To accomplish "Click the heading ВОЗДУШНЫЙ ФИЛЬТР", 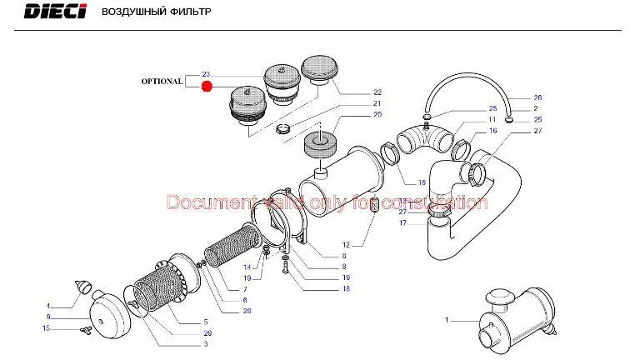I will (x=156, y=13).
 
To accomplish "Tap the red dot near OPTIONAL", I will (x=207, y=85).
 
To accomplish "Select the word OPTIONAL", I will (x=162, y=82).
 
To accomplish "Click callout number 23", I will (x=206, y=74).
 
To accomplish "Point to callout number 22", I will (x=377, y=92).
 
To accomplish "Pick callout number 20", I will (x=377, y=114).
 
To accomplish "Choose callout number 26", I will (x=537, y=97).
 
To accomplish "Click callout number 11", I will (x=492, y=120).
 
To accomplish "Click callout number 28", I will (x=247, y=311).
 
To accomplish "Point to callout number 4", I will (x=49, y=306).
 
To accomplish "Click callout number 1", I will (x=447, y=320).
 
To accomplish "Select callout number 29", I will (x=207, y=332).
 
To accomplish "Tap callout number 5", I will (x=207, y=322).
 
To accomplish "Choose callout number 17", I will (x=402, y=222).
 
